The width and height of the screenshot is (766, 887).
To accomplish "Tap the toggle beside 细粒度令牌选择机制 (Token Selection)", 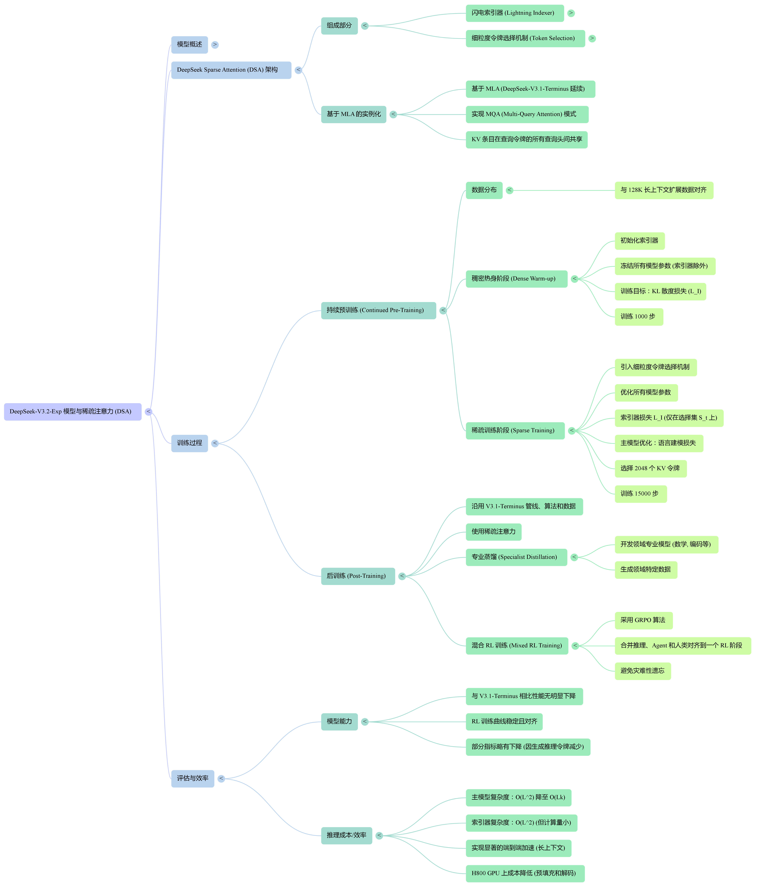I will (x=592, y=38).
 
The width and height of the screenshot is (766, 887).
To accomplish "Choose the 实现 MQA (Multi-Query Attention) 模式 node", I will (x=527, y=114).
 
